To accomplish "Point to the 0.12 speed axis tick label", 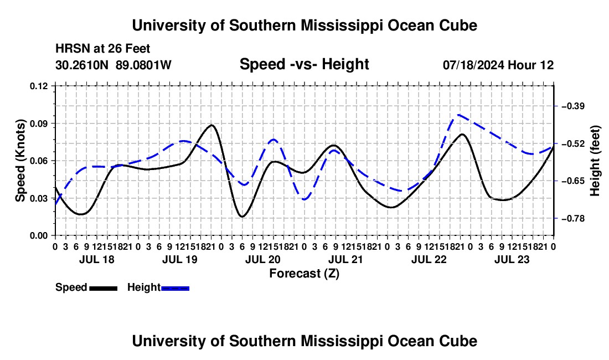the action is click(x=39, y=86).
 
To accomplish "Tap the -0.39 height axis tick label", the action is click(x=574, y=106).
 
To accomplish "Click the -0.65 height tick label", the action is click(x=574, y=181).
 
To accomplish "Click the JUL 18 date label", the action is click(x=97, y=260).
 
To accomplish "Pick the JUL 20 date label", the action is click(x=263, y=260).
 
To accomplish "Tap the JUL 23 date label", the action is click(x=512, y=260).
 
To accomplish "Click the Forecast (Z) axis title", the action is click(x=304, y=274).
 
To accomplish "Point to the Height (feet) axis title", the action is click(x=595, y=161).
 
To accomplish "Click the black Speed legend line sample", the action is click(x=104, y=289).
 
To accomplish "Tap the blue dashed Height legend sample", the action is click(x=175, y=289).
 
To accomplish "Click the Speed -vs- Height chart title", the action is click(x=304, y=64).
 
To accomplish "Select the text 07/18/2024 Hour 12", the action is click(x=498, y=65).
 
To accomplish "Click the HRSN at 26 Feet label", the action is click(x=103, y=49).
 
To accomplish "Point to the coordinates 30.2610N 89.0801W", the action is click(x=113, y=65).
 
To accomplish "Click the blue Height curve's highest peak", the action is click(x=459, y=115).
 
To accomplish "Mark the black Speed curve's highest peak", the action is click(x=211, y=125).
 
